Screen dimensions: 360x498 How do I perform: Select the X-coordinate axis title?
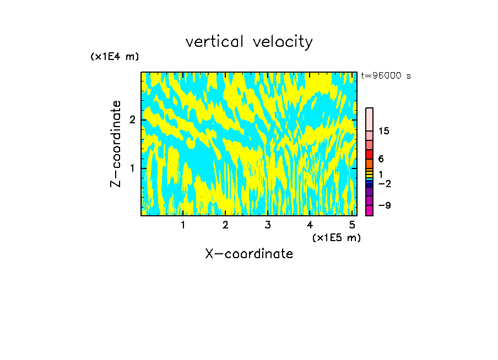pyautogui.click(x=249, y=254)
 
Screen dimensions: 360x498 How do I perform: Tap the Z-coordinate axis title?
pyautogui.click(x=116, y=144)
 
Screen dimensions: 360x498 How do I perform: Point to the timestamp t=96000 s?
pyautogui.click(x=386, y=76)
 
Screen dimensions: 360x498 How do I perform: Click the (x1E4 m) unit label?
pyautogui.click(x=115, y=57)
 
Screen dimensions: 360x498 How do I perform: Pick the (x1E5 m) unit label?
pyautogui.click(x=336, y=237)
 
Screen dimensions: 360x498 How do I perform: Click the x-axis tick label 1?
pyautogui.click(x=183, y=225)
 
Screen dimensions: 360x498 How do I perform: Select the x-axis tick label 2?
pyautogui.click(x=225, y=225)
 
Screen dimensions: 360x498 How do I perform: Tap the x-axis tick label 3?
pyautogui.click(x=267, y=225)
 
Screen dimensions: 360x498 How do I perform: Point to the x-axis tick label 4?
pyautogui.click(x=310, y=225)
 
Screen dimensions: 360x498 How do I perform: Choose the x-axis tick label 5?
pyautogui.click(x=351, y=225)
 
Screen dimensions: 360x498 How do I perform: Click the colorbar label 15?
pyautogui.click(x=384, y=131)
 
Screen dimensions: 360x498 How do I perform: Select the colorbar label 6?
pyautogui.click(x=381, y=159)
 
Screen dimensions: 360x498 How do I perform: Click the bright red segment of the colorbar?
pyautogui.click(x=369, y=154)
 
